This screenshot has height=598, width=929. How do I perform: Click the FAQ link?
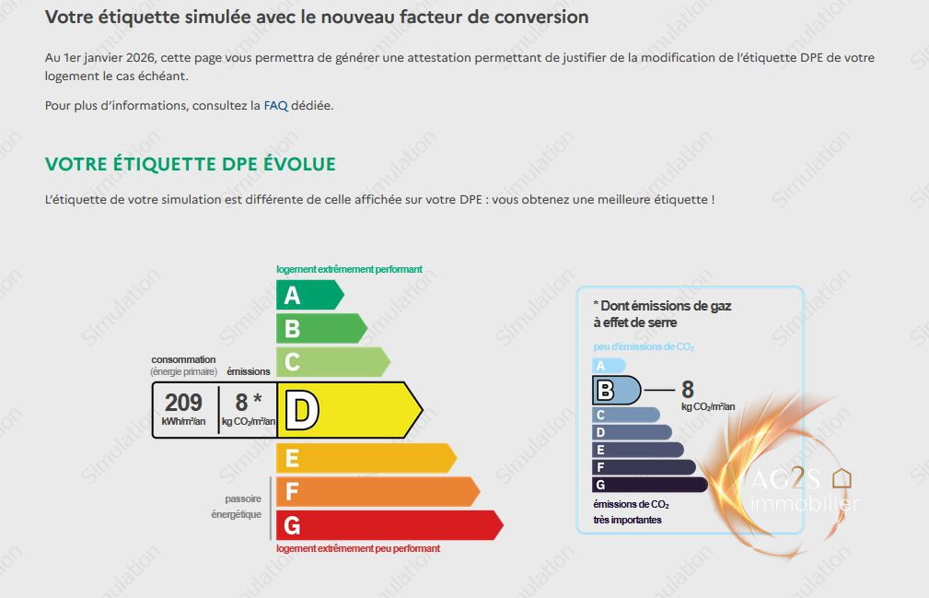(x=275, y=105)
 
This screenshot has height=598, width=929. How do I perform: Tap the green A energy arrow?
(x=309, y=295)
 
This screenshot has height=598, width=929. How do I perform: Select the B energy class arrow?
(x=321, y=328)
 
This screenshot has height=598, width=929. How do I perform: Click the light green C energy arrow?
(x=333, y=361)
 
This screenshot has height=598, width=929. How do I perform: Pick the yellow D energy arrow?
(x=350, y=410)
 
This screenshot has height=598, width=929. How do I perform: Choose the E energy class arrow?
(x=366, y=458)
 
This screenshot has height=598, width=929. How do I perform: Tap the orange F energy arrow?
(x=377, y=491)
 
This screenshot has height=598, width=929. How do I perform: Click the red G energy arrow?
(x=389, y=525)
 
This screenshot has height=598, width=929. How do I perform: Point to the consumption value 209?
(x=183, y=403)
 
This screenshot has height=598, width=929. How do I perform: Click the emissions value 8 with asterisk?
(x=249, y=402)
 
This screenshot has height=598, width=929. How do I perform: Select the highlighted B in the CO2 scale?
(x=616, y=390)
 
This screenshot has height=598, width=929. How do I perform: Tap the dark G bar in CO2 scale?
(x=650, y=485)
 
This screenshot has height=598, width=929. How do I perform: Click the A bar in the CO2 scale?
(x=609, y=366)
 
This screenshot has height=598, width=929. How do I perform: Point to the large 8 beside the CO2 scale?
(x=687, y=390)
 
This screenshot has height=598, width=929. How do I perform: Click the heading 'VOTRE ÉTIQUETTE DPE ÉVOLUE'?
(x=191, y=164)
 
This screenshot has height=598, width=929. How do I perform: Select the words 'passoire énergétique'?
(x=237, y=507)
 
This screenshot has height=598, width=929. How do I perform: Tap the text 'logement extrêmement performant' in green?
(x=349, y=269)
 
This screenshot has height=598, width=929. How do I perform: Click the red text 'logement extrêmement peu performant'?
(x=358, y=548)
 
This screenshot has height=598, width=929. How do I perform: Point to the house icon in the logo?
(x=842, y=477)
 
